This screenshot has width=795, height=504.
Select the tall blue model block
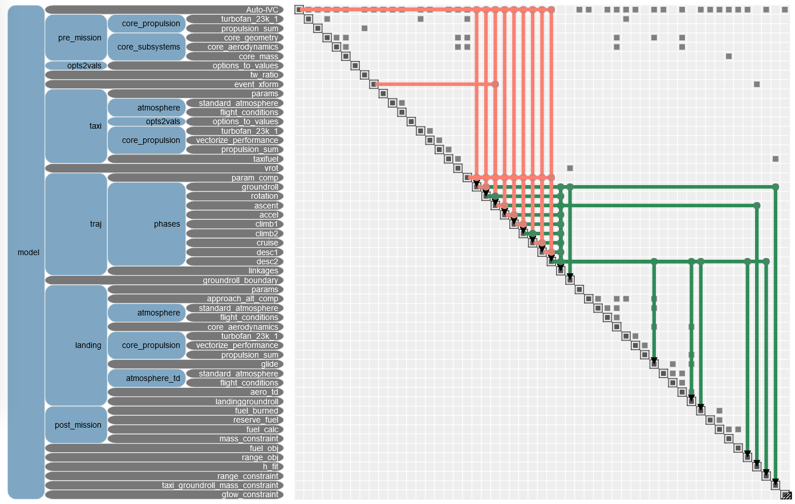pos(26,252)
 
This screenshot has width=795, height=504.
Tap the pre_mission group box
pos(76,38)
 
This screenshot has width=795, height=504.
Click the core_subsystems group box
pos(147,47)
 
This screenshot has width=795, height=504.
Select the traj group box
pos(76,224)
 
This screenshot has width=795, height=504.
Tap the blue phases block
pos(147,224)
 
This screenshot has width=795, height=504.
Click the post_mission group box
pos(76,425)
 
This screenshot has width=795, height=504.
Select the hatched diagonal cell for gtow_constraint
pos(785,495)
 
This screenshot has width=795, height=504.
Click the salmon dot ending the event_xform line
pos(495,84)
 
